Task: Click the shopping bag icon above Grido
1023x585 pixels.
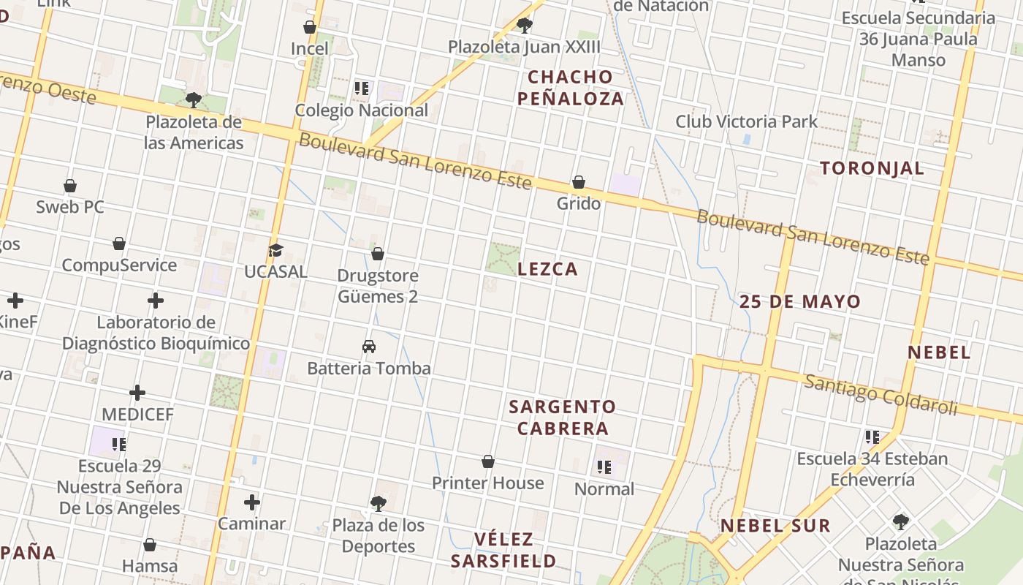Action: click(x=579, y=182)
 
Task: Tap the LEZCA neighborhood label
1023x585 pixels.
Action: click(x=547, y=269)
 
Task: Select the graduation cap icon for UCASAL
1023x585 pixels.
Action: click(x=275, y=251)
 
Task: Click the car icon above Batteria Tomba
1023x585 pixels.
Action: click(x=369, y=347)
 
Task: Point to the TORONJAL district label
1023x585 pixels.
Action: click(x=872, y=168)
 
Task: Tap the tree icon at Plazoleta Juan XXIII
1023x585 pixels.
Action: click(x=524, y=26)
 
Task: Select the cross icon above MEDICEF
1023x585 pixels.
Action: click(x=137, y=393)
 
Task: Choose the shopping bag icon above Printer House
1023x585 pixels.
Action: click(x=488, y=462)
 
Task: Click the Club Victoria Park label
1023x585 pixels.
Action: click(x=746, y=121)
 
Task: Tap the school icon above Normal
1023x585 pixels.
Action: click(x=604, y=467)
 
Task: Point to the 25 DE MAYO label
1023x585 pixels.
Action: click(x=800, y=301)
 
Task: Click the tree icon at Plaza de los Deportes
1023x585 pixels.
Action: click(x=378, y=503)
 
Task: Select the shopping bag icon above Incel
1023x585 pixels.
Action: click(x=310, y=28)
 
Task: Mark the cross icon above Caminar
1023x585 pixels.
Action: click(x=252, y=502)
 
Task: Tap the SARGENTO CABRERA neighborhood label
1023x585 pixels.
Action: click(x=563, y=418)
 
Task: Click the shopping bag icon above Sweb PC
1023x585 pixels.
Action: click(x=70, y=186)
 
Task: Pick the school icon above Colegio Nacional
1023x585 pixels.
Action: click(x=361, y=89)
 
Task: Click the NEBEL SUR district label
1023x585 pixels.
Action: click(x=775, y=526)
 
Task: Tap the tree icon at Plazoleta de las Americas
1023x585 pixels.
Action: click(x=194, y=100)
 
